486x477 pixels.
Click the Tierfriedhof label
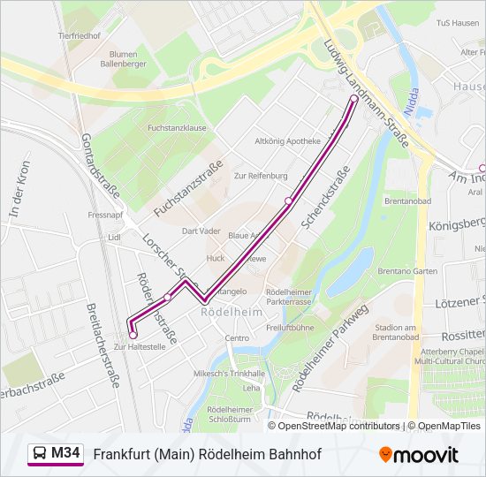click(76, 35)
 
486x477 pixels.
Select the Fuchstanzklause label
click(177, 128)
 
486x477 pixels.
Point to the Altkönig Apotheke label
click(287, 141)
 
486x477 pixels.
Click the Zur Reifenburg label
click(261, 176)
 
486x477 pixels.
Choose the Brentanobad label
click(407, 202)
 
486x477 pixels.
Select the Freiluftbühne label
click(290, 328)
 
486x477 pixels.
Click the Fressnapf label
click(105, 215)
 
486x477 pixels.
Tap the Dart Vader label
click(201, 231)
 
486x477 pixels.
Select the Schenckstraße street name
click(326, 198)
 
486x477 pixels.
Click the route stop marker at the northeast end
click(354, 100)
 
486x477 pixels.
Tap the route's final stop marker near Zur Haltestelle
click(133, 335)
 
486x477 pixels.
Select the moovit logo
click(419, 455)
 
